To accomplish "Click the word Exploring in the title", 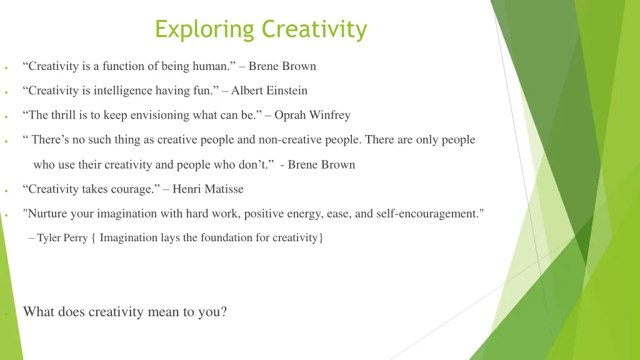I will click(x=206, y=29).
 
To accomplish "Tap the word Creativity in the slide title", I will click(x=314, y=29).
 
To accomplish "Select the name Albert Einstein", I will click(x=269, y=91).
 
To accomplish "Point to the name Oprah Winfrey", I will click(x=312, y=115).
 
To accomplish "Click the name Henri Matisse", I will click(x=208, y=189).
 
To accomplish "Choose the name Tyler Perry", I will click(x=62, y=238).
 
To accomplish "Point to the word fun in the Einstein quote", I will click(x=204, y=91).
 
